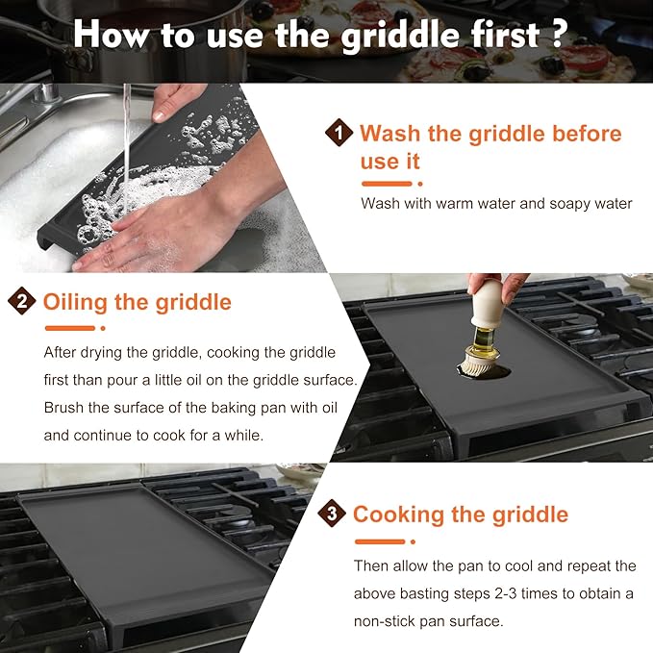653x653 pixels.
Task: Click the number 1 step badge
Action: (339, 133)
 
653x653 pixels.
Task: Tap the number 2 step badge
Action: (21, 302)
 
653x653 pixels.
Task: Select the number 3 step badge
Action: (332, 514)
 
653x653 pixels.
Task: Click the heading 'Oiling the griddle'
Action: (137, 302)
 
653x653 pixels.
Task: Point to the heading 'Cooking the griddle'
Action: (460, 514)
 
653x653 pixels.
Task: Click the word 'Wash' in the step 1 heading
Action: (391, 133)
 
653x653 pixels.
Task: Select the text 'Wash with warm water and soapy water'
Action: (496, 203)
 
